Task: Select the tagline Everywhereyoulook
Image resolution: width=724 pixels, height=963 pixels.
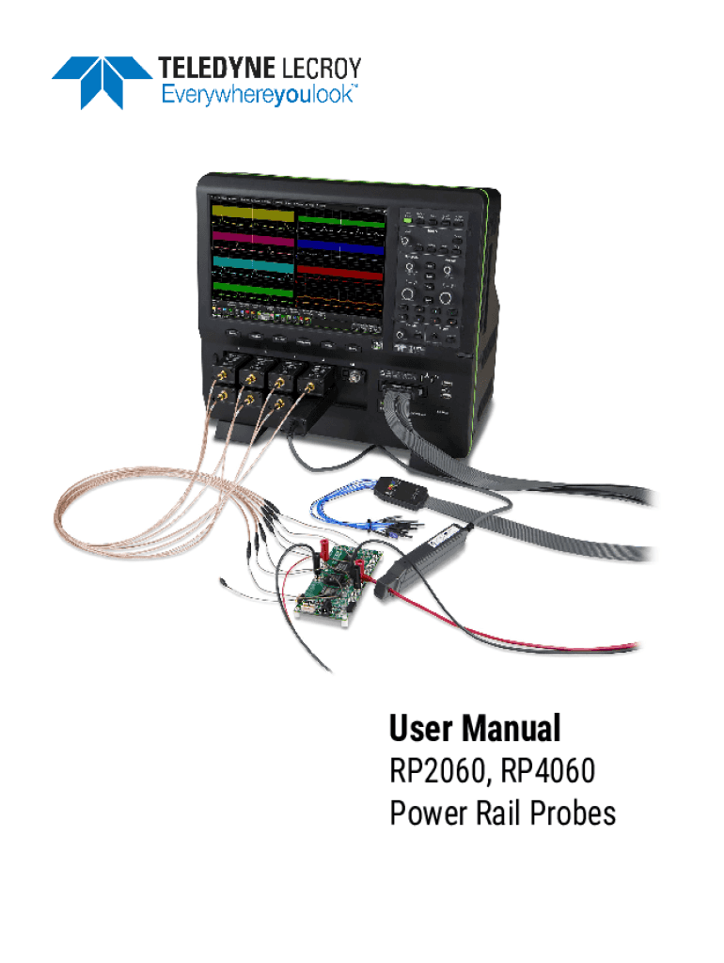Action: coord(259,94)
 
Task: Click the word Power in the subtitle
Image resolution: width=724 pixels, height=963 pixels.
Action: coord(429,813)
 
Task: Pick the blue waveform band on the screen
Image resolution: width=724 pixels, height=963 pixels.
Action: coord(340,248)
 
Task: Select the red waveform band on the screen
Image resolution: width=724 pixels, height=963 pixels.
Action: coord(340,271)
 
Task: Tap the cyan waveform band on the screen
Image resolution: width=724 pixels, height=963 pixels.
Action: coord(252,262)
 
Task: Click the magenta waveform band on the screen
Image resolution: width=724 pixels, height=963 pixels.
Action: coord(252,239)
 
